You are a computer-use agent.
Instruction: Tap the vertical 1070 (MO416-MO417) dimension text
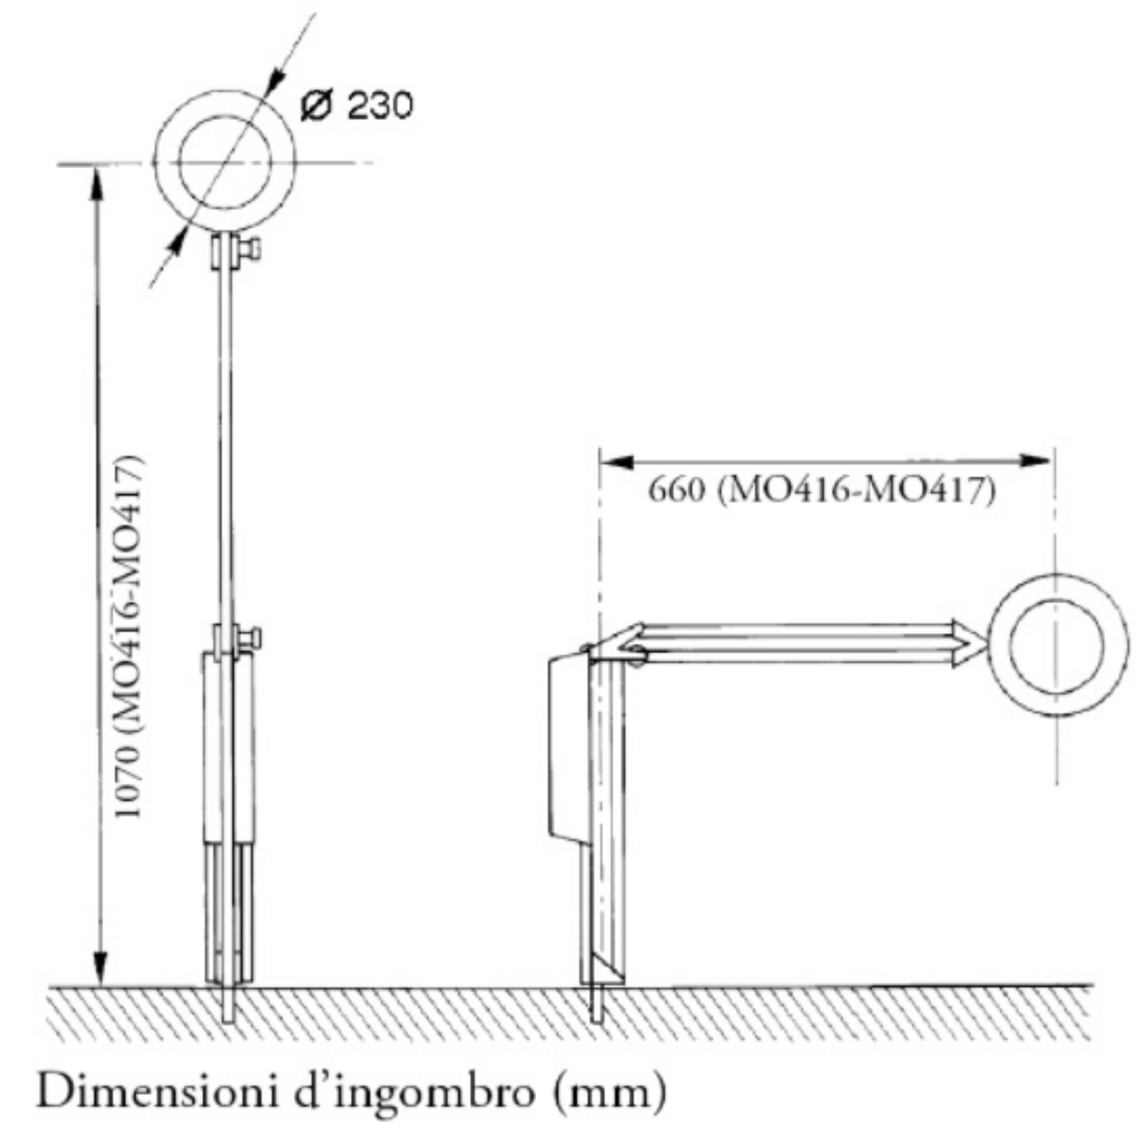[x=129, y=637]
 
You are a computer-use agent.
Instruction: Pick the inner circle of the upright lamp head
[x=225, y=163]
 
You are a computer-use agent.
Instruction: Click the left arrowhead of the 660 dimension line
[x=618, y=461]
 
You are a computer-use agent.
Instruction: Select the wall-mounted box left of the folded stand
[x=566, y=747]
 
